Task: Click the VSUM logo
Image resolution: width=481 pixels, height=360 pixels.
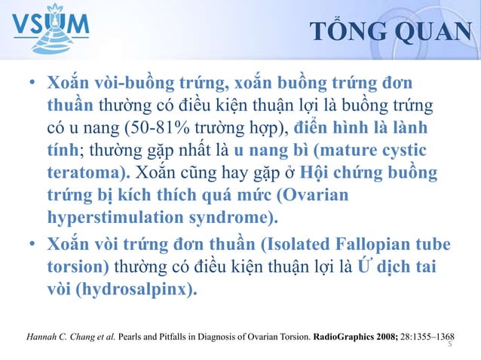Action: click(x=51, y=29)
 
